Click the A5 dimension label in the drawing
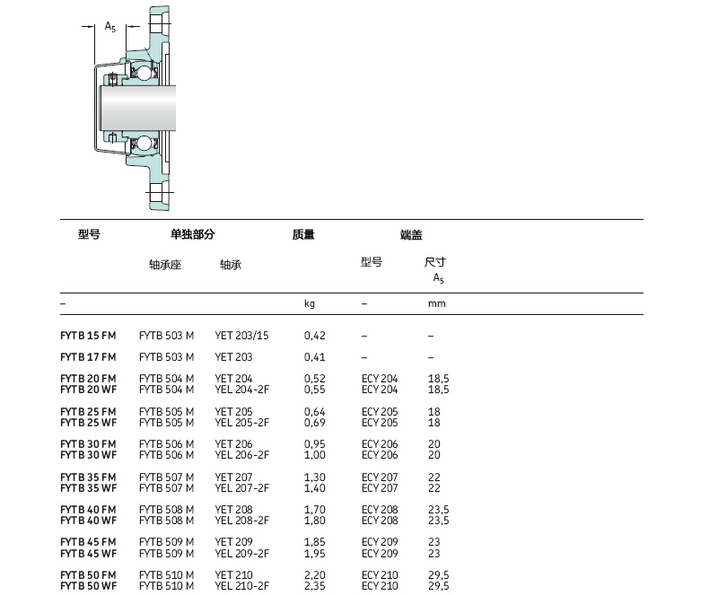click(x=110, y=27)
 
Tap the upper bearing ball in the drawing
click(x=144, y=73)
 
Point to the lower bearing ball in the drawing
click(x=144, y=143)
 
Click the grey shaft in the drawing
click(x=138, y=108)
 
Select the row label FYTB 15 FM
click(x=88, y=336)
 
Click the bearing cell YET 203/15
click(x=242, y=336)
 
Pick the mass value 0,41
click(x=315, y=357)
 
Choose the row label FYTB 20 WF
click(x=89, y=389)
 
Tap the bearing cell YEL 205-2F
click(x=242, y=423)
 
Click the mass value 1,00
click(x=315, y=455)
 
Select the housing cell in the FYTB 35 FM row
click(x=166, y=477)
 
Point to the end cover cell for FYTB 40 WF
click(x=380, y=521)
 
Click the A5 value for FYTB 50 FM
click(x=439, y=575)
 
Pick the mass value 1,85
click(x=315, y=542)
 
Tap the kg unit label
click(x=310, y=303)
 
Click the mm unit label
click(x=437, y=304)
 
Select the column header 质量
click(x=303, y=234)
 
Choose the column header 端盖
click(x=411, y=234)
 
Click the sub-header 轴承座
click(x=165, y=265)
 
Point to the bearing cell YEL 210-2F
click(x=242, y=586)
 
